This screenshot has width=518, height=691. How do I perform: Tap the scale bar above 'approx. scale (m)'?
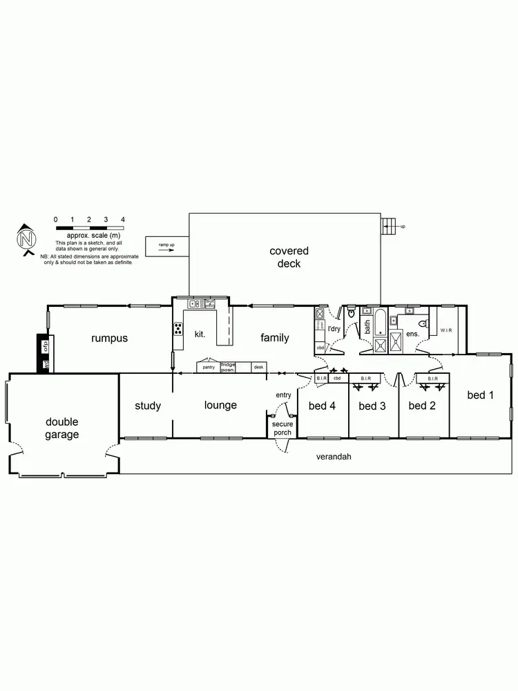tap(89, 227)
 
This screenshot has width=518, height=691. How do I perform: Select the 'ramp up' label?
tap(166, 245)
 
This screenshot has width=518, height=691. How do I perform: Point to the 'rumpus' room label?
tap(110, 338)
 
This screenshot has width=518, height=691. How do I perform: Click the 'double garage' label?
tap(62, 428)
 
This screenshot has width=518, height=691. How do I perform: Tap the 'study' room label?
tap(148, 406)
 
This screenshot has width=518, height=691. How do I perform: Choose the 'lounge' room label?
tap(221, 405)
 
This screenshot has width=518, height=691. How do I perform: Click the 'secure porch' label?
tap(282, 428)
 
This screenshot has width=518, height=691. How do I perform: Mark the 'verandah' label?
tap(334, 457)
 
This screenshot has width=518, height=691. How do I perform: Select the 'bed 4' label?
tap(322, 406)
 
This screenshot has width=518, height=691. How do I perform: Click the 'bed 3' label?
tap(372, 406)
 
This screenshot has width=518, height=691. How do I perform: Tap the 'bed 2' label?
tap(422, 406)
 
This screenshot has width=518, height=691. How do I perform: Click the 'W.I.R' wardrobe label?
tap(446, 330)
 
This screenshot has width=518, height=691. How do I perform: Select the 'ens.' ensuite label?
tap(413, 333)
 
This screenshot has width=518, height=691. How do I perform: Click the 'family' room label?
tap(274, 338)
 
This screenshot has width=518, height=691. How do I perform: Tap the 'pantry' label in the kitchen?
tap(209, 367)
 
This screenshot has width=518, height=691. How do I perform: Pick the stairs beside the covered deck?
tap(390, 225)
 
